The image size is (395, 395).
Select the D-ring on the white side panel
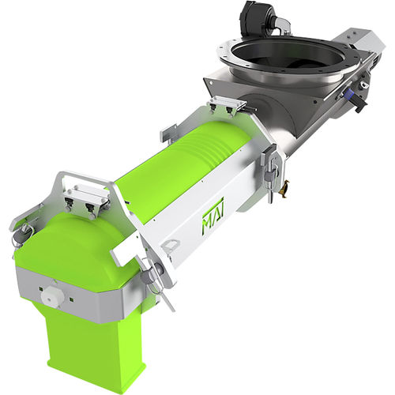tap(169, 245)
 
